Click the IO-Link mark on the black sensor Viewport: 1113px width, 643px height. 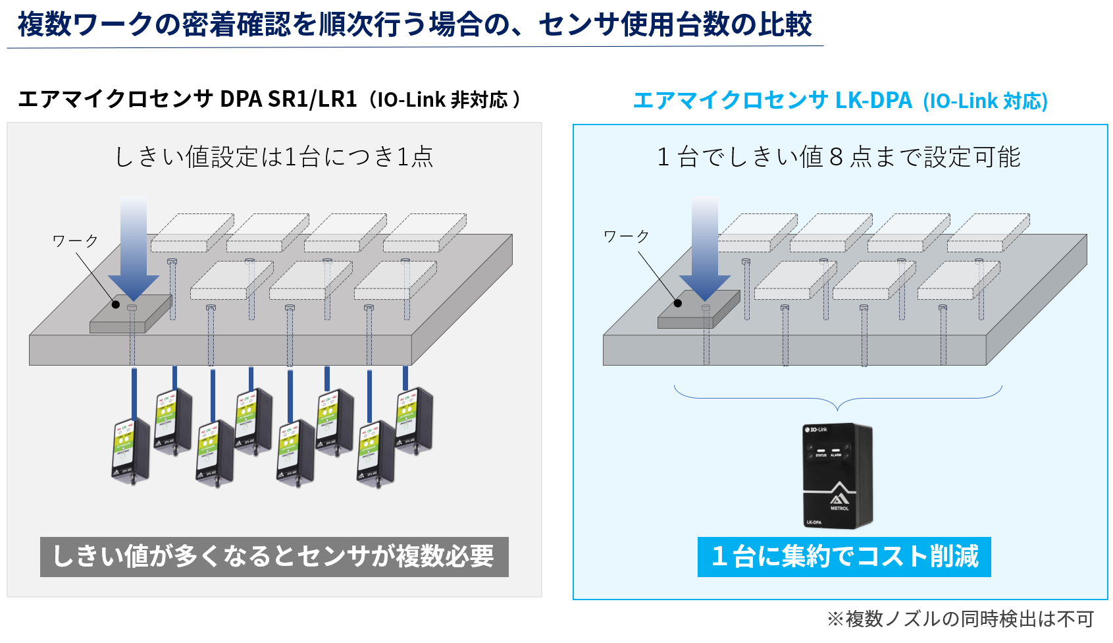[816, 430]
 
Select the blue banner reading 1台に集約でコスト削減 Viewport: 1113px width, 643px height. [844, 557]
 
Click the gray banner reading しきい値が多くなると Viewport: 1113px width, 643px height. [274, 557]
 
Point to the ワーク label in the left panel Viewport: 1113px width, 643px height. [75, 240]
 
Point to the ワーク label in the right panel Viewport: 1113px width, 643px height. [626, 236]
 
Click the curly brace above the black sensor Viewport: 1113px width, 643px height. [838, 398]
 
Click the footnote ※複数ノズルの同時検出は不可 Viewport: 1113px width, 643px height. [960, 619]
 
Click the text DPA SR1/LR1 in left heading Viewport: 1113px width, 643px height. [288, 99]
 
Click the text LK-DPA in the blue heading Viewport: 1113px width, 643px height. [873, 100]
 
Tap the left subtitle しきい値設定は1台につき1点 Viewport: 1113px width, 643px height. [274, 157]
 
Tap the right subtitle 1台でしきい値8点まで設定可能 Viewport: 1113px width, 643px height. [839, 157]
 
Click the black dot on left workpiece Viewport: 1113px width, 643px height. [116, 304]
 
